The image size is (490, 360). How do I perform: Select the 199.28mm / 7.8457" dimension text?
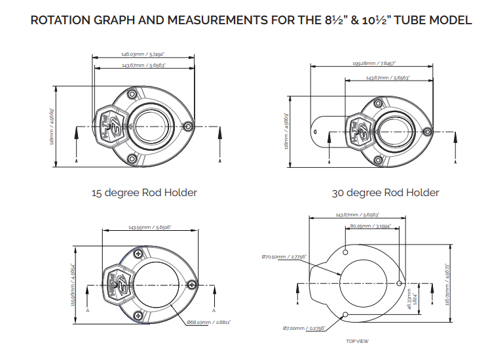point(373,64)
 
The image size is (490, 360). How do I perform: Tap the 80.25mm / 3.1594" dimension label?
point(371,226)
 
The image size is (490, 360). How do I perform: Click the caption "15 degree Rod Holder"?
point(144,193)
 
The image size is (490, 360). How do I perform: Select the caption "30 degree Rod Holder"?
point(386,193)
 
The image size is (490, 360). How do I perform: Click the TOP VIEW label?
point(357,341)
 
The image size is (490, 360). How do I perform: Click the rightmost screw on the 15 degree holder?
point(189,125)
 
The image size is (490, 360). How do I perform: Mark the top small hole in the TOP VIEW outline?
point(345,250)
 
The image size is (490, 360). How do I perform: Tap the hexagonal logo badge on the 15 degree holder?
point(107,124)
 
